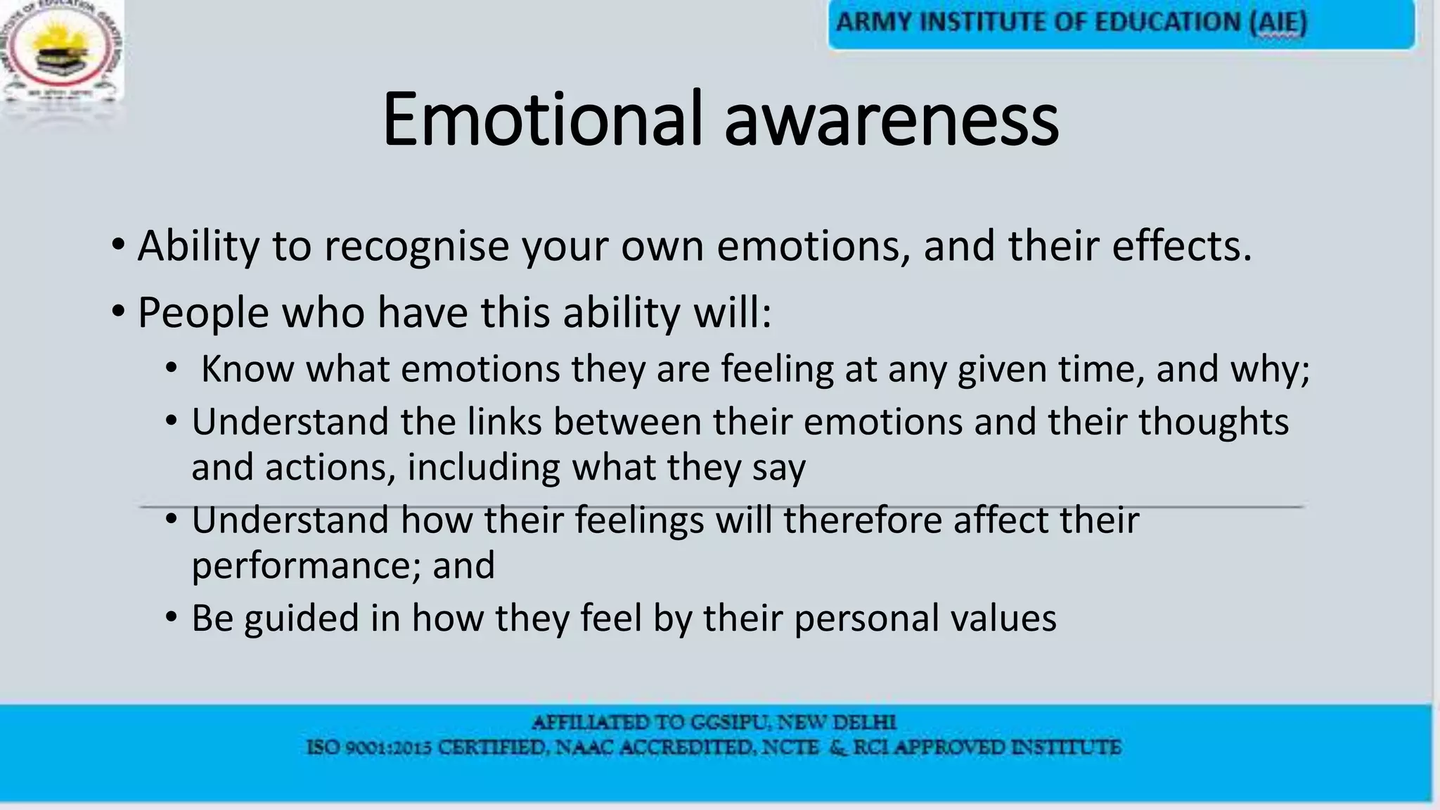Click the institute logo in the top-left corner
[x=61, y=56]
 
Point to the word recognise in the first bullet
[x=416, y=247]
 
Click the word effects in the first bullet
[x=1181, y=246]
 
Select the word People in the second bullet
[x=203, y=313]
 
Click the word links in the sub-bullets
[x=504, y=422]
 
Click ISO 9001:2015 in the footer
[x=369, y=747]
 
